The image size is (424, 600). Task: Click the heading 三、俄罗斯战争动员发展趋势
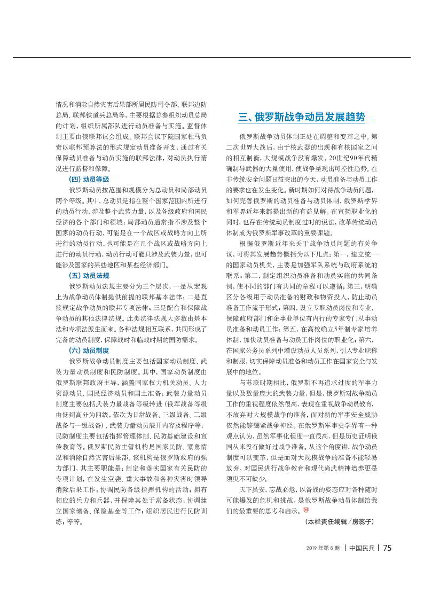coord(302,117)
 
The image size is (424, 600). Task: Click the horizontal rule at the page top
coord(212,57)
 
